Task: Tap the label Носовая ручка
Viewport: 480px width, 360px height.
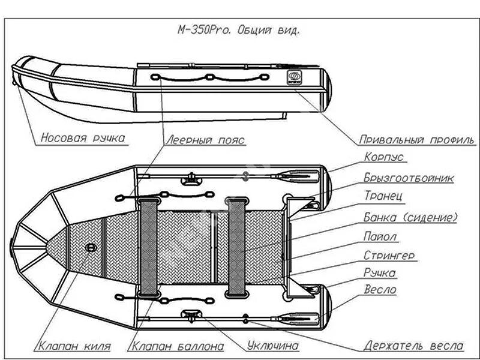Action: point(83,139)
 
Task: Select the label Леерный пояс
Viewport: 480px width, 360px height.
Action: point(205,140)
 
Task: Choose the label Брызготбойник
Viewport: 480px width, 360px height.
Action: point(409,178)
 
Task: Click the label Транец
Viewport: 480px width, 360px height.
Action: point(383,196)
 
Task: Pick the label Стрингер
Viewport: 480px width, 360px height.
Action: point(389,256)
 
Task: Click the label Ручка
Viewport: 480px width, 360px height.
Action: point(380,273)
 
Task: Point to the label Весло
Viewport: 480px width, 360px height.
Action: point(380,290)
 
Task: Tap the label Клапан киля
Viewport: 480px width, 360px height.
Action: point(75,346)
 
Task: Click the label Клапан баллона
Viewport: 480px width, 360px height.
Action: point(178,346)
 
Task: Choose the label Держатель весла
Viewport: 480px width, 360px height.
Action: point(414,346)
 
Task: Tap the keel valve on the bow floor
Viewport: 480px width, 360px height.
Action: point(91,248)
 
